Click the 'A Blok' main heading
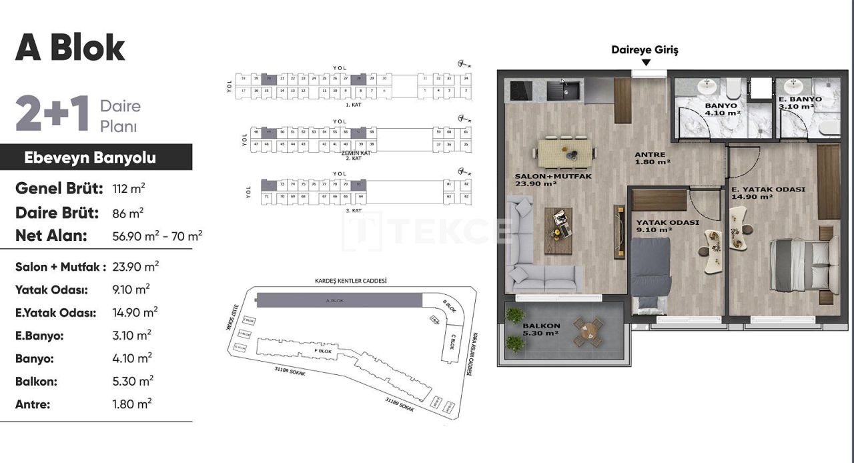[x=70, y=47]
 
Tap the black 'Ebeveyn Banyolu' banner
[x=90, y=157]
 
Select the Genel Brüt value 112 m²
[x=129, y=189]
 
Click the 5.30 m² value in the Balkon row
[x=133, y=382]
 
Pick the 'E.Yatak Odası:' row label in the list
[x=56, y=312]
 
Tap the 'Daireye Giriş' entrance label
[x=645, y=50]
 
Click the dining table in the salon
[x=566, y=153]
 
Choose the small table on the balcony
[x=588, y=331]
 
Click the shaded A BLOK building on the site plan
[x=338, y=300]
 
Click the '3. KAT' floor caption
[x=354, y=210]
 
